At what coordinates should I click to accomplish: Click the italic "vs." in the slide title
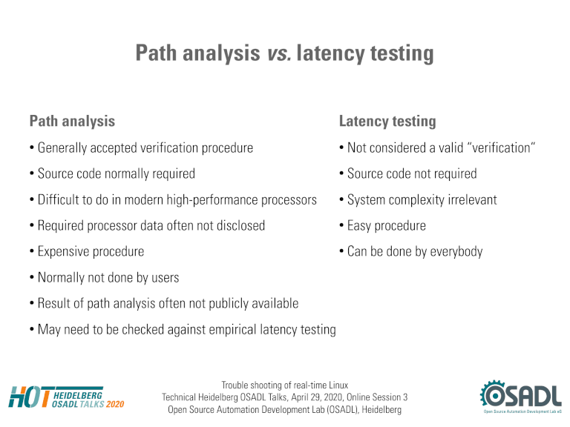click(x=279, y=53)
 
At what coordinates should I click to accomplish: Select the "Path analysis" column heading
click(x=72, y=122)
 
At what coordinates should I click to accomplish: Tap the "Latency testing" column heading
click(x=387, y=122)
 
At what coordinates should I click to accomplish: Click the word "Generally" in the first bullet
click(x=62, y=148)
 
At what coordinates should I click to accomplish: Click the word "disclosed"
click(x=240, y=225)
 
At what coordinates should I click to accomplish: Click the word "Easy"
click(x=359, y=226)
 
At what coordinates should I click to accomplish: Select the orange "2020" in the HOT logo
click(x=115, y=404)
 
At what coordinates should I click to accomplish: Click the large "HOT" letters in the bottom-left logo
click(x=30, y=397)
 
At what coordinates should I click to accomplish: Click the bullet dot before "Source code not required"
click(x=341, y=174)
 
